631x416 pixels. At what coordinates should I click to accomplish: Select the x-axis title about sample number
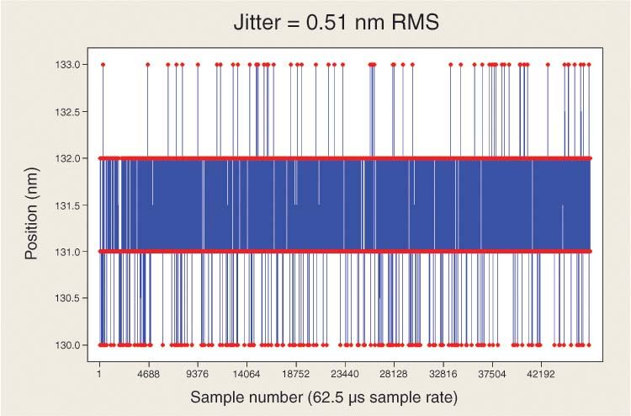324,396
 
